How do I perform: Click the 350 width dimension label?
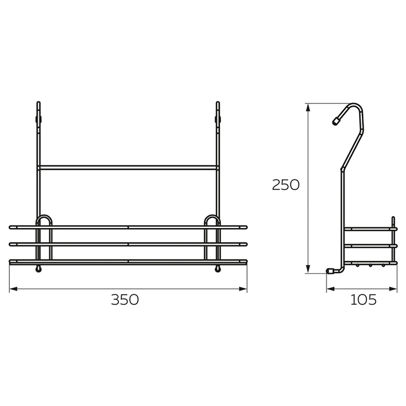click(x=125, y=300)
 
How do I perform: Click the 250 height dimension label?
click(x=285, y=185)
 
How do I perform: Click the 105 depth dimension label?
click(x=363, y=300)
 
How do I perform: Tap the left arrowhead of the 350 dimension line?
click(x=13, y=289)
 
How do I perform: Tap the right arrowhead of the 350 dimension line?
click(x=243, y=289)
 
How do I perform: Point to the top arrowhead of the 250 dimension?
click(x=308, y=107)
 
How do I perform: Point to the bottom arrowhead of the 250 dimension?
click(x=308, y=269)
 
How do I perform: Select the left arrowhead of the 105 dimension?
click(x=331, y=289)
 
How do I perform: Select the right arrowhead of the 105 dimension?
click(x=393, y=289)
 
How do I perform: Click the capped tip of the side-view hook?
click(x=336, y=121)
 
